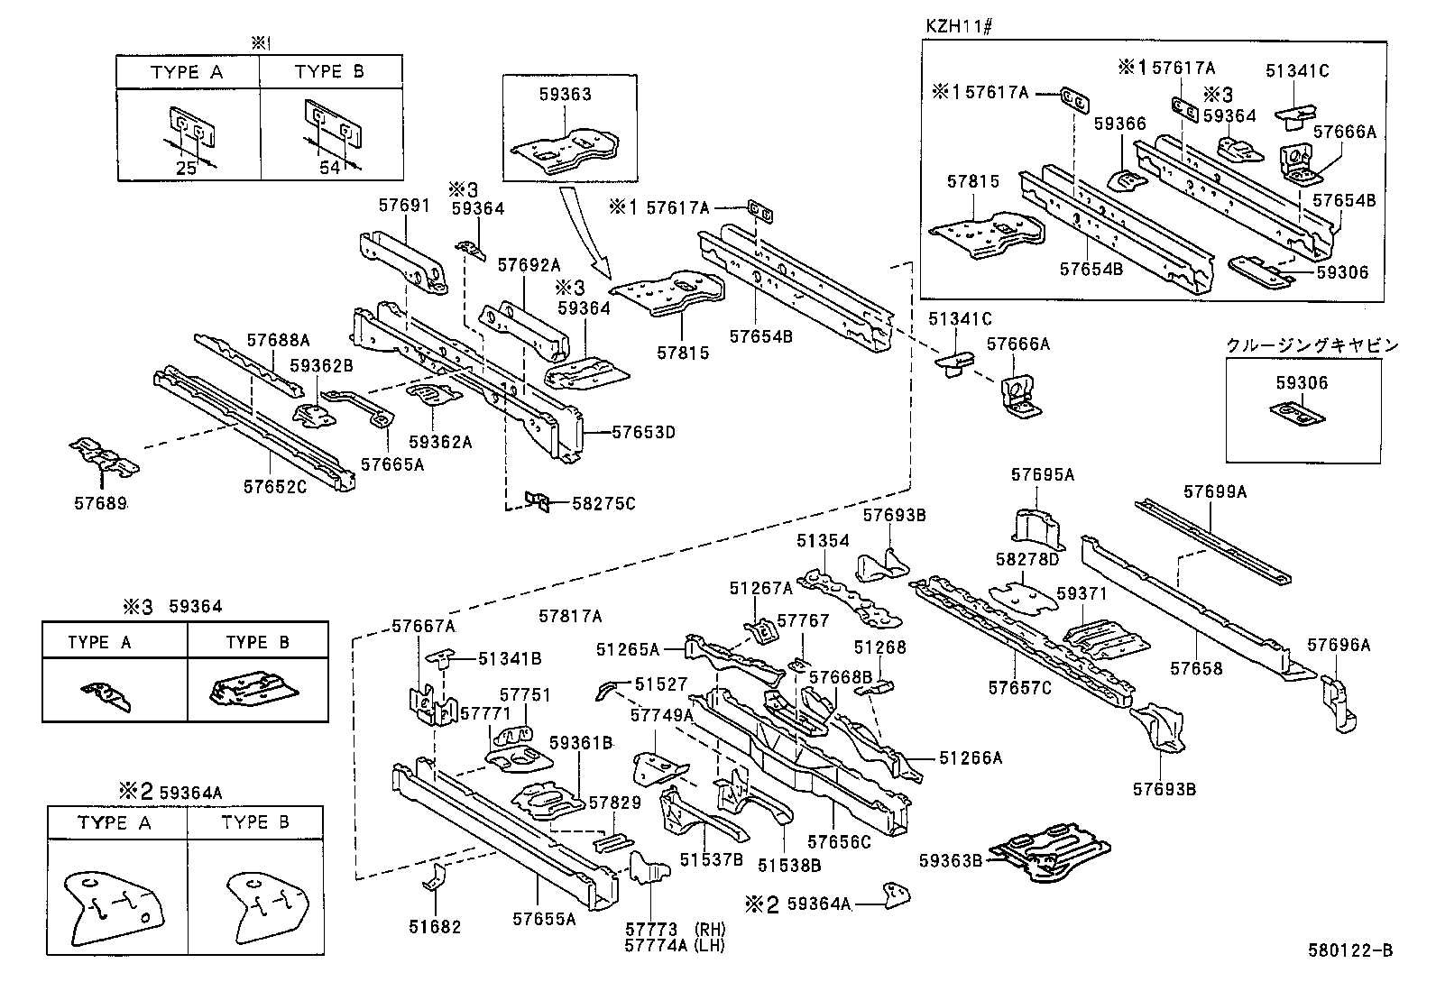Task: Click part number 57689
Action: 99,503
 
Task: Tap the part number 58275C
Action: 603,503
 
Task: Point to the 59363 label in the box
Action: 565,95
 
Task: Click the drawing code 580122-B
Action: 1350,950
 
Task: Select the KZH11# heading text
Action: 958,27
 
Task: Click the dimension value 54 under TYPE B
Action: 330,169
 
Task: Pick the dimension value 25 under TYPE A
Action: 186,169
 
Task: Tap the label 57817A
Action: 570,616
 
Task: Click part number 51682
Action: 436,927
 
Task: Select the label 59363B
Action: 951,859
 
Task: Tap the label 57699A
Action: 1215,491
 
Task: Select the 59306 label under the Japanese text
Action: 1302,383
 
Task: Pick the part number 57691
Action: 403,205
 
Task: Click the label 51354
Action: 823,540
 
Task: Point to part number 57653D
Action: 643,432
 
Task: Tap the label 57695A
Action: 1043,474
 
